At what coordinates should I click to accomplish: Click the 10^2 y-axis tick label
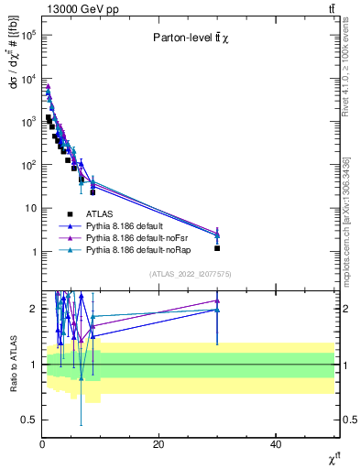click(27, 165)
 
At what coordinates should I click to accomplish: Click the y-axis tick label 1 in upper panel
click(32, 252)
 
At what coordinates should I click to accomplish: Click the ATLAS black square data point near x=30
click(217, 248)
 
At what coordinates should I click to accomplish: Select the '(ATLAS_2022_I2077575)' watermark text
click(189, 273)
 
